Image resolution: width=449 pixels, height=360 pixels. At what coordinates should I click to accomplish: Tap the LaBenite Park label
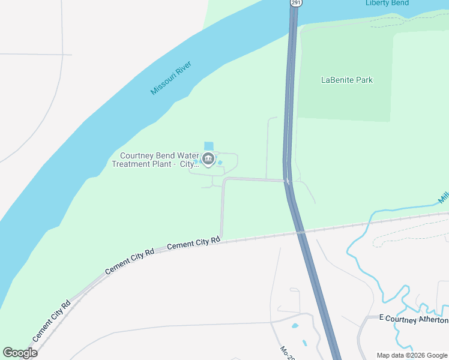pos(347,80)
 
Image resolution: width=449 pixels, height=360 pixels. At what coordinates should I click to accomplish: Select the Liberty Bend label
pos(387,3)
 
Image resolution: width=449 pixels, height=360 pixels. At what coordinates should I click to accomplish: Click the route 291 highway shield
pos(296,2)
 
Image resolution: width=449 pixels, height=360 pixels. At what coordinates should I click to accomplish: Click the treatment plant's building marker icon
pos(208,159)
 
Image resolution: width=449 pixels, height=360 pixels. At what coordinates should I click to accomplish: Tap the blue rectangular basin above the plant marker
pos(208,146)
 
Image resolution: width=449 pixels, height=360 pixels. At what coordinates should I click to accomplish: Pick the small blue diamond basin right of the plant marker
pos(220,162)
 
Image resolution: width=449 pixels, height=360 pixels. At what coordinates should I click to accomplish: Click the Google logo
pos(20,353)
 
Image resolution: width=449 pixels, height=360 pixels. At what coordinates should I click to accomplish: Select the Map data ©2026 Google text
pos(412,355)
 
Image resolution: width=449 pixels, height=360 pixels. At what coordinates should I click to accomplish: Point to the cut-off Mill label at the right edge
pos(444,198)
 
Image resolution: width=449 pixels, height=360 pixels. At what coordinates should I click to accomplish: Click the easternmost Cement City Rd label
pos(193,243)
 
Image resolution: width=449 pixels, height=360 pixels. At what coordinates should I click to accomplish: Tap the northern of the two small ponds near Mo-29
pos(294,326)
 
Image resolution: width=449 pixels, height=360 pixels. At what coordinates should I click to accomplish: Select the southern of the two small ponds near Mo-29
pos(304,343)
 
